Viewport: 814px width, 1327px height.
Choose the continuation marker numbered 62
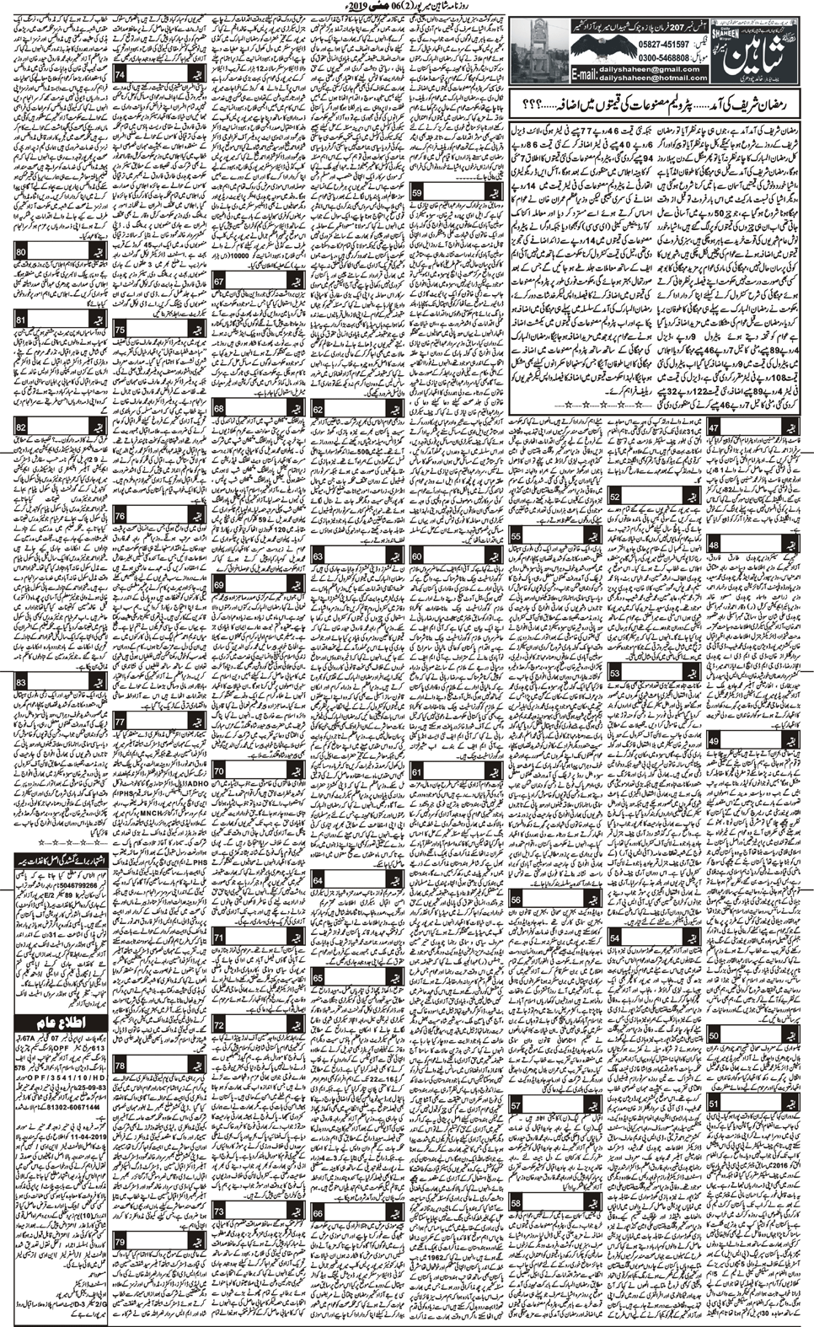(318, 410)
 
